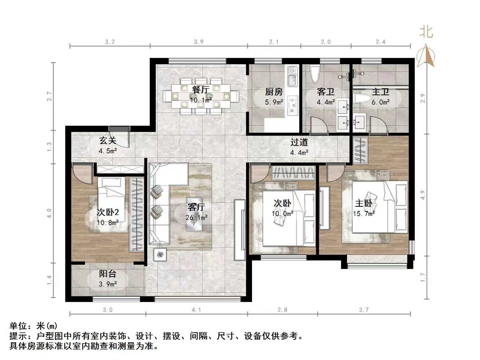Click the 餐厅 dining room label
200,90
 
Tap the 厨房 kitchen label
274,92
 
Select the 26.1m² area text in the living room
197,217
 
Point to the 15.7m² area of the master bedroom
364,213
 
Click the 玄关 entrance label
107,140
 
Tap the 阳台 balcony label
107,274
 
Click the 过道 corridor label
299,142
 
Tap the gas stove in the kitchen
293,106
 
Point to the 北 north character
426,32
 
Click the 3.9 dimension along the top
199,42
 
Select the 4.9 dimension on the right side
423,195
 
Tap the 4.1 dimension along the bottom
196,310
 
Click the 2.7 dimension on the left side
49,96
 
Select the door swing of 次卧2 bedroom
82,174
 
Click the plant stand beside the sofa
160,255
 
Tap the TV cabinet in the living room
240,229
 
